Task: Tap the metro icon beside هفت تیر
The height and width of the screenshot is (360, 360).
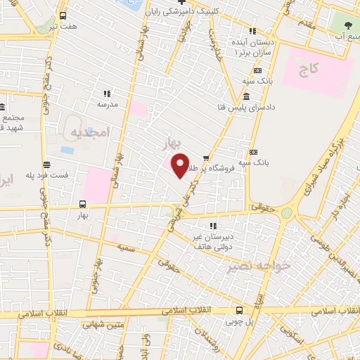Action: pos(64,15)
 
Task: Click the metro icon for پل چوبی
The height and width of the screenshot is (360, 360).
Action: pos(240,309)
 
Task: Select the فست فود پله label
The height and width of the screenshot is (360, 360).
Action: pos(47,174)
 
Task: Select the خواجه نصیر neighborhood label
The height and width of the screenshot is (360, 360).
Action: pos(247,266)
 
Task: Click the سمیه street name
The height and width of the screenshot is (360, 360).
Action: pos(127,248)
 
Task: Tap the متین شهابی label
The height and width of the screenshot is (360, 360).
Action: pos(103,325)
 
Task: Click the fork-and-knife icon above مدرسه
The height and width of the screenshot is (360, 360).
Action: pos(107,93)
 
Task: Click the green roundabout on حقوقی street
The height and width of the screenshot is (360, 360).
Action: pos(286,212)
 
